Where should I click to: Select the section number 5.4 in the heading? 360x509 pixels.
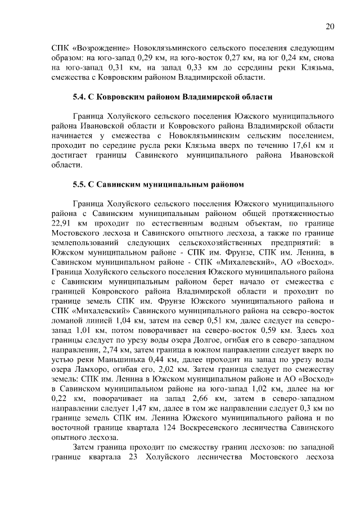pos(80,97)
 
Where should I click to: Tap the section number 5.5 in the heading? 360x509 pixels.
pos(80,183)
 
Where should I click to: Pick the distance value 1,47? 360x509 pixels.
pos(147,410)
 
